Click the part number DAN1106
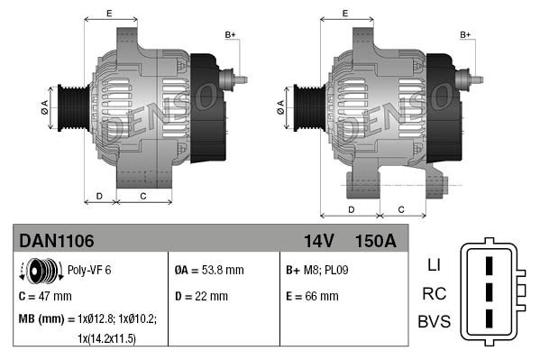coord(57,241)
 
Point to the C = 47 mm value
coord(45,295)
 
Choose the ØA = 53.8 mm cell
coord(208,270)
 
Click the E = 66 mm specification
coord(312,295)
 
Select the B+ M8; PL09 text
coord(316,270)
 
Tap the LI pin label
coord(433,266)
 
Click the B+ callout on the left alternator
coord(230,34)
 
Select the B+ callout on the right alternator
coord(466,34)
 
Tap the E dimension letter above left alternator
coord(109,13)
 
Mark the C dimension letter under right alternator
coord(400,208)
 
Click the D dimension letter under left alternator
coord(99,195)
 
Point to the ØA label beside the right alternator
coord(280,106)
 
